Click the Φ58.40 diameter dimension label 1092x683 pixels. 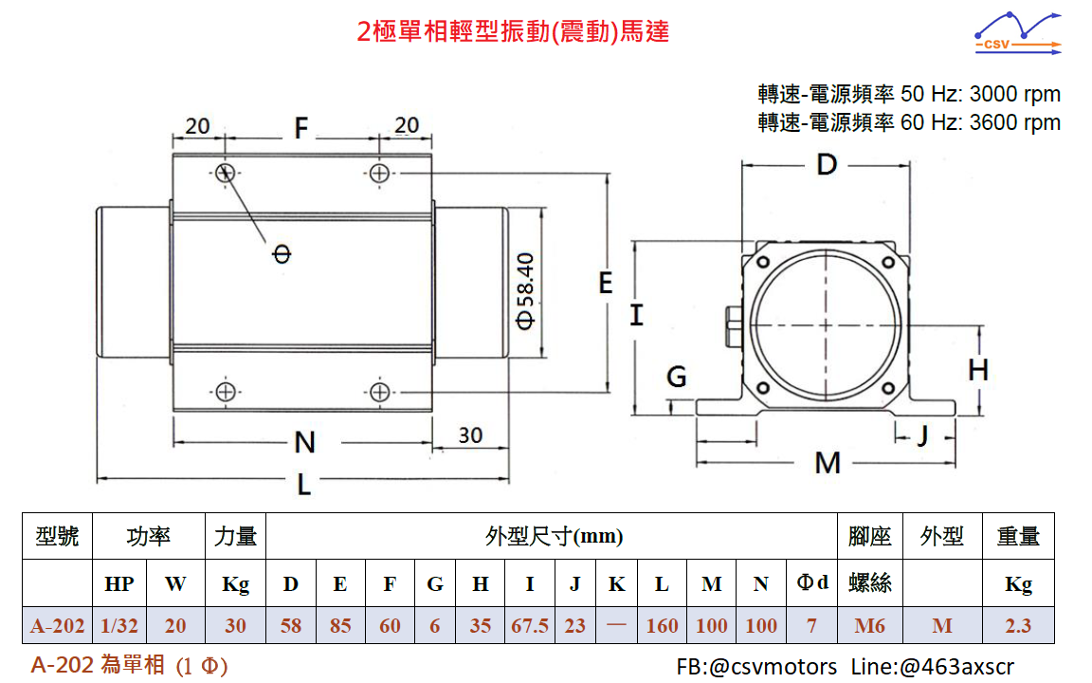tap(526, 289)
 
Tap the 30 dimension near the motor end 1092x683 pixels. tap(470, 435)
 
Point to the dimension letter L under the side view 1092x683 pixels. tap(303, 485)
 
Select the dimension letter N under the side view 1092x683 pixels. tap(304, 442)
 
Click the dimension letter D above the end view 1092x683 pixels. tap(828, 165)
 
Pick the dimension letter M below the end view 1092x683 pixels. tap(828, 463)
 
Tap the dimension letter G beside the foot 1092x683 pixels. tap(677, 378)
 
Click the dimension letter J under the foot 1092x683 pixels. tap(921, 435)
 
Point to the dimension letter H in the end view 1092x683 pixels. tap(978, 369)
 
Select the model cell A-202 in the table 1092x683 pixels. tap(58, 625)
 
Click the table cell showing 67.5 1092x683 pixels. tap(529, 625)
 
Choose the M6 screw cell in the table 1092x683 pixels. tap(869, 625)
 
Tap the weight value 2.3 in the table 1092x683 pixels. tap(1018, 625)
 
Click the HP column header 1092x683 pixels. tap(118, 584)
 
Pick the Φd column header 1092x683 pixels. tap(813, 582)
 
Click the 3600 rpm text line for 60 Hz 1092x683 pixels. tap(909, 122)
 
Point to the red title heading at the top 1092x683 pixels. tap(514, 31)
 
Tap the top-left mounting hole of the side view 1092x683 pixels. tap(226, 173)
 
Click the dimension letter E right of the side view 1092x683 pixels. tap(606, 283)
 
